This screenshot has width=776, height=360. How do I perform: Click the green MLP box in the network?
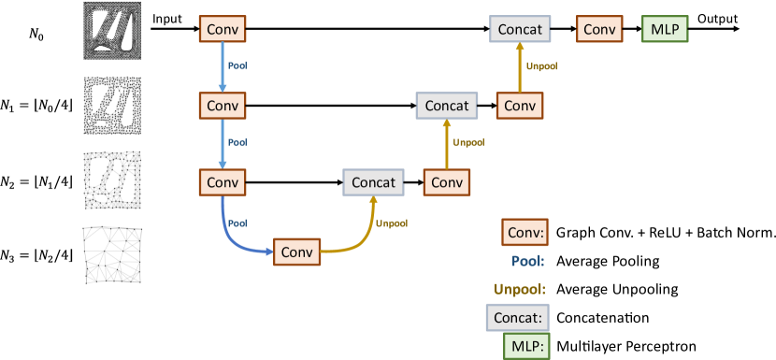(x=666, y=30)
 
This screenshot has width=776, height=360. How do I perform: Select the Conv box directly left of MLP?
(x=599, y=30)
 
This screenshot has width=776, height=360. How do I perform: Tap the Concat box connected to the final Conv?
(x=519, y=30)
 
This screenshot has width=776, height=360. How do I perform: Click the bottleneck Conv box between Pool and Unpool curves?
(x=296, y=252)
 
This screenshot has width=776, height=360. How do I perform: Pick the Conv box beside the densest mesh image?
(x=222, y=30)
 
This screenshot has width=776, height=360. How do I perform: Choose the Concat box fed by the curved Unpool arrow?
(x=373, y=181)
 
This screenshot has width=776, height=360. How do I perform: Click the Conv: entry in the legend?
(x=525, y=232)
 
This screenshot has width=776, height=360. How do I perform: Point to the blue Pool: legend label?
(x=528, y=262)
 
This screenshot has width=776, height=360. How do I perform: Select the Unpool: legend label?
(x=520, y=290)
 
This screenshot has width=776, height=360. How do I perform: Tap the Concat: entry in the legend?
(x=518, y=318)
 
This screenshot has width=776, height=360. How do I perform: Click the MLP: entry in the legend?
(x=526, y=347)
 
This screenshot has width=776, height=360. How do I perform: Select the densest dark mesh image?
(x=111, y=30)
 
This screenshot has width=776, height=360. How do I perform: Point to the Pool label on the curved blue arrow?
(x=237, y=223)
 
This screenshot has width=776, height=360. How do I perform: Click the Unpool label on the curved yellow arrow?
(x=392, y=223)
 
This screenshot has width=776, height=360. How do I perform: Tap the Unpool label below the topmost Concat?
(x=542, y=67)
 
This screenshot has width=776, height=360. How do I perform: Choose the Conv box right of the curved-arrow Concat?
(x=447, y=181)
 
